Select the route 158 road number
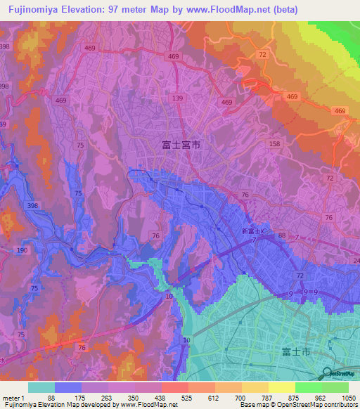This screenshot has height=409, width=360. [274, 144]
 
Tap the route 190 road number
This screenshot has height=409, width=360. [22, 251]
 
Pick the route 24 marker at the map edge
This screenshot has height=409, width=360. [356, 261]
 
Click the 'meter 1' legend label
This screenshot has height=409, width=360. [15, 398]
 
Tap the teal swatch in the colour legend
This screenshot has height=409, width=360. [41, 387]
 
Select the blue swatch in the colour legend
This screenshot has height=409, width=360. [68, 387]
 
